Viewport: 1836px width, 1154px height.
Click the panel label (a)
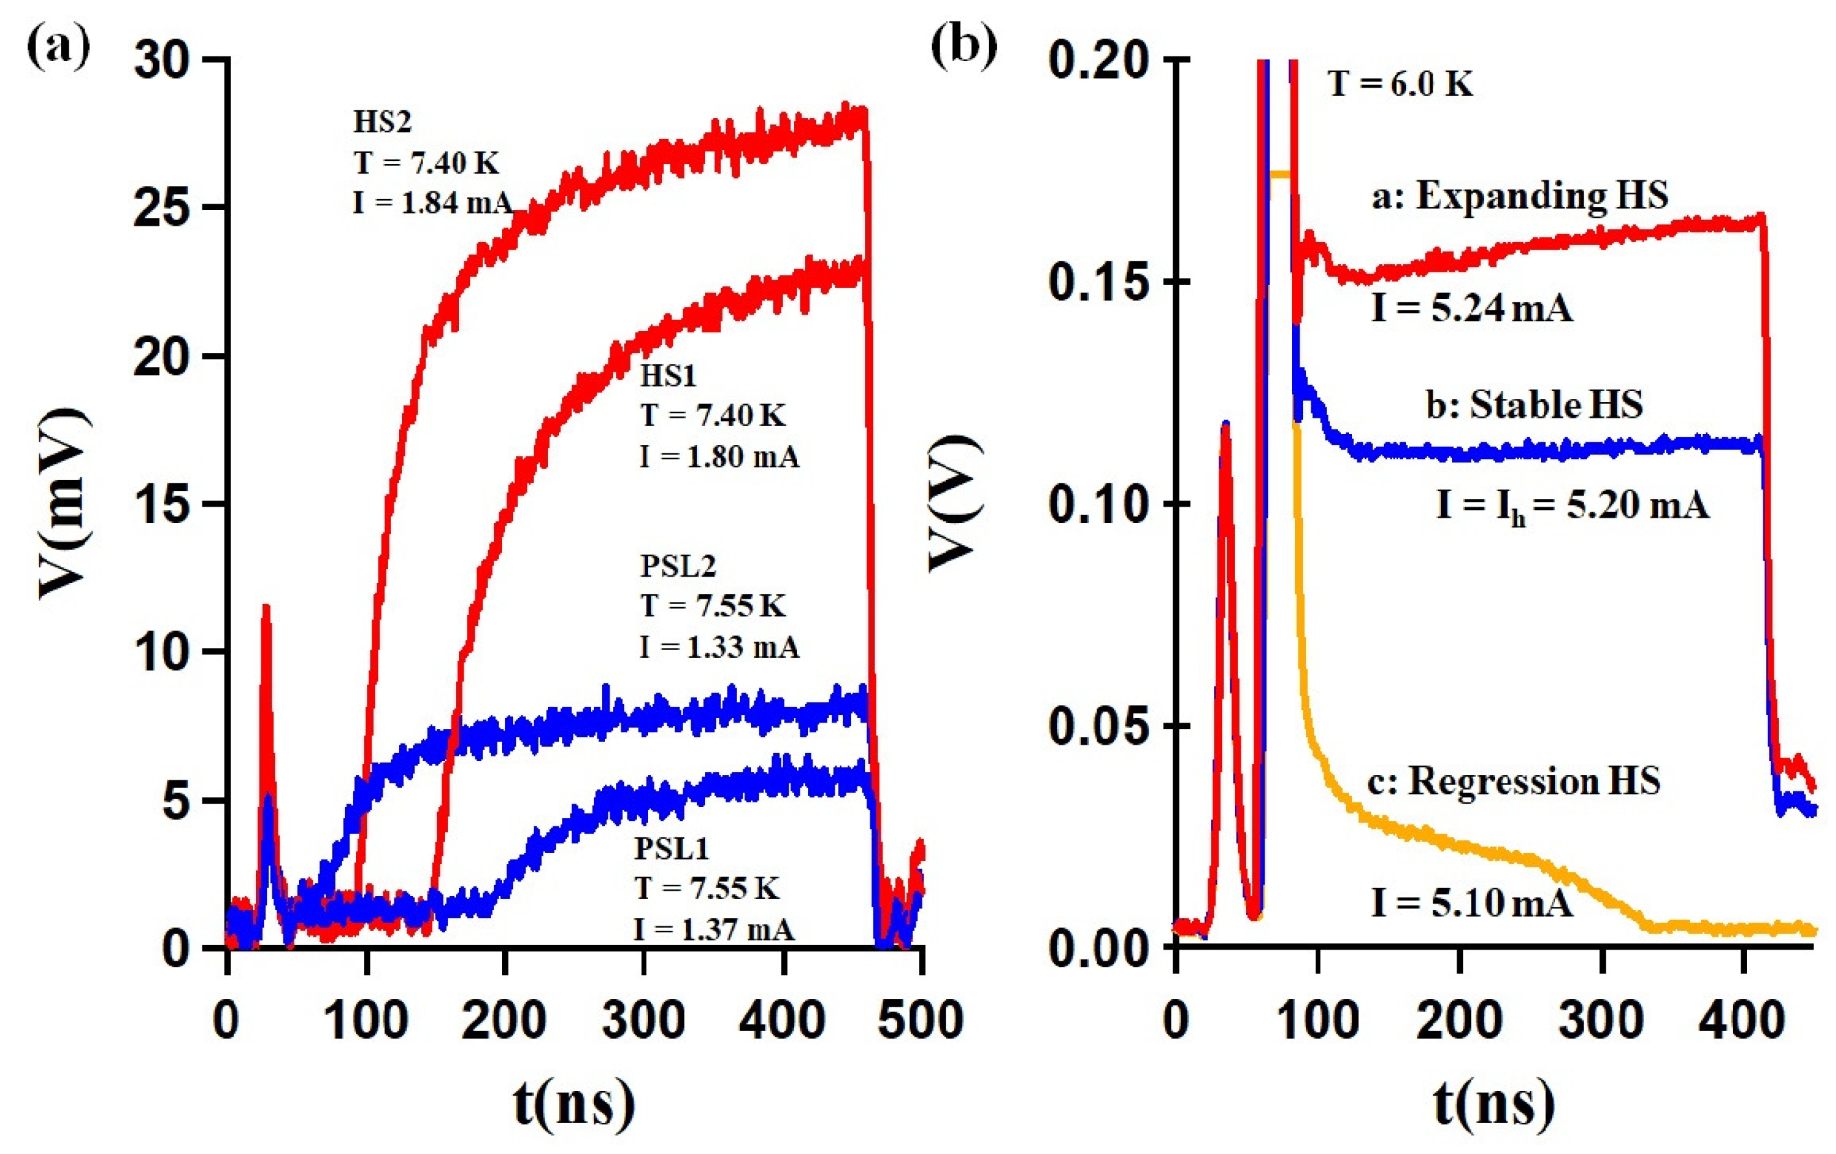click(x=59, y=47)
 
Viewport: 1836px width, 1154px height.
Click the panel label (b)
click(x=964, y=47)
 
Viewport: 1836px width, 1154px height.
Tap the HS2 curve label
click(x=382, y=122)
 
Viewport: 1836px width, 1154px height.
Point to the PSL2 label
click(x=678, y=566)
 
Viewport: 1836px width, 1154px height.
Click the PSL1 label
click(x=672, y=848)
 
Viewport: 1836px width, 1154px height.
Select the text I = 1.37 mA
click(x=713, y=929)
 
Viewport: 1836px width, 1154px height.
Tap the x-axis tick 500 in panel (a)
click(x=920, y=1020)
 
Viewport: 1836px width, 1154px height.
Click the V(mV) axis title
click(x=66, y=503)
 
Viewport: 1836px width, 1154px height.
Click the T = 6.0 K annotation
click(x=1401, y=84)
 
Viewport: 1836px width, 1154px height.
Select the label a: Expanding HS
click(x=1520, y=196)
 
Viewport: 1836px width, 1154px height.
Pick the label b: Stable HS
click(x=1534, y=404)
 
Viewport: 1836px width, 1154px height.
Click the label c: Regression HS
click(x=1514, y=781)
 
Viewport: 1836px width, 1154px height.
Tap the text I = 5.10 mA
click(x=1472, y=903)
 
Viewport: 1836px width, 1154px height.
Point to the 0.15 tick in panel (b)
click(x=1099, y=282)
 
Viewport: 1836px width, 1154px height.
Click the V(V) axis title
click(x=955, y=503)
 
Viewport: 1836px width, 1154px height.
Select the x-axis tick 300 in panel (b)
click(x=1601, y=1020)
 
